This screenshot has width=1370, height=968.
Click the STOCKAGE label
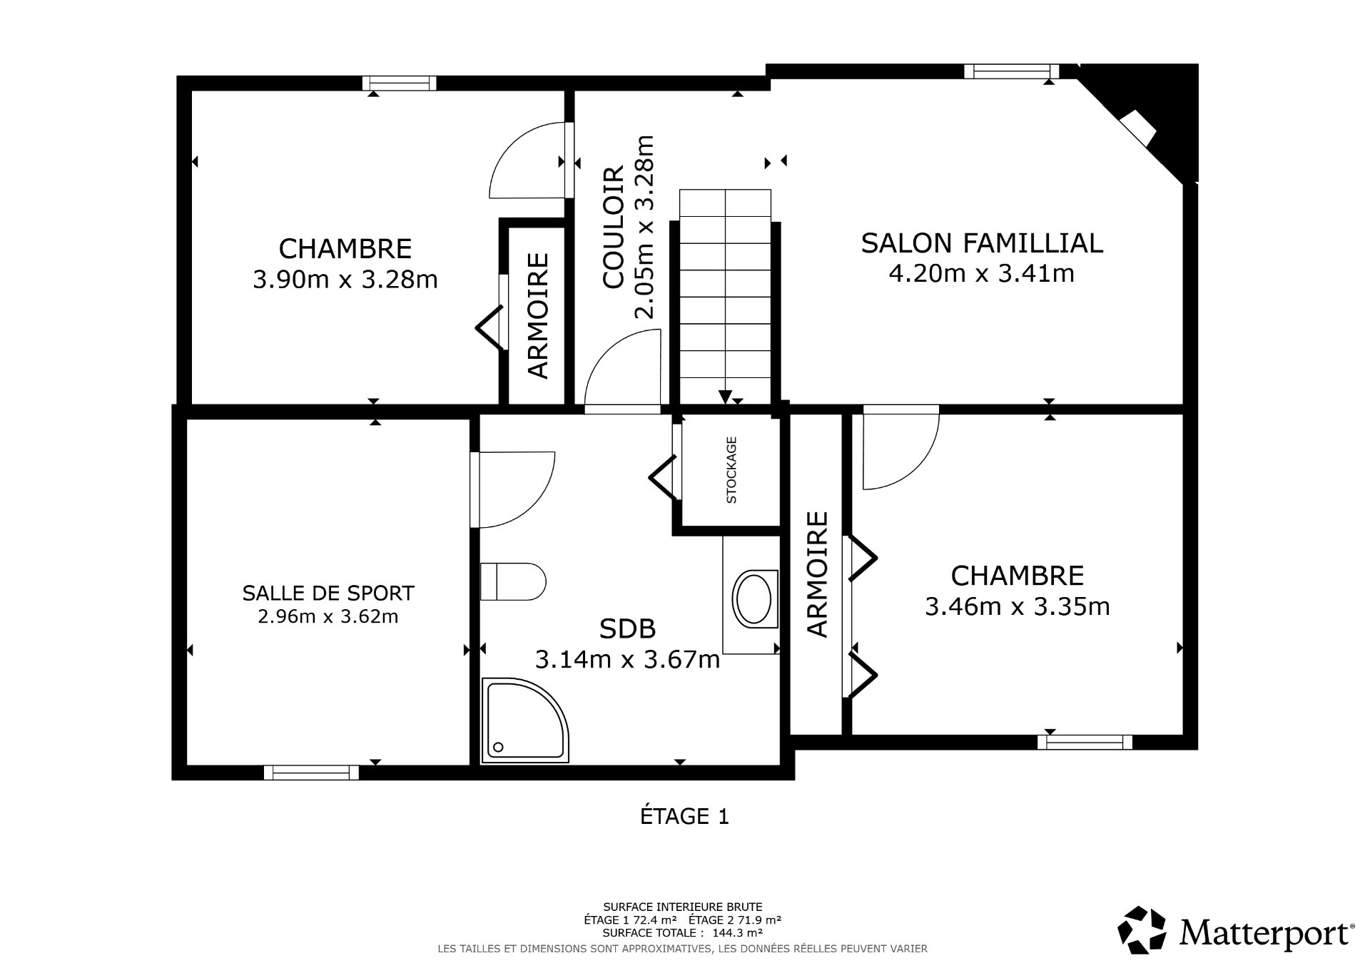point(731,470)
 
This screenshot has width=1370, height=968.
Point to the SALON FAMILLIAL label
point(981,243)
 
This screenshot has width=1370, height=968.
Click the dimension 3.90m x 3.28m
point(345,279)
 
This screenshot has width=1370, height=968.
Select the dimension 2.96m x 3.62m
point(328,616)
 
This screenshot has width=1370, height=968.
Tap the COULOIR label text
point(614,228)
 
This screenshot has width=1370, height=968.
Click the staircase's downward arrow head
point(725,397)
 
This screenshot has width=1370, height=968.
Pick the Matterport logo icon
point(1142,930)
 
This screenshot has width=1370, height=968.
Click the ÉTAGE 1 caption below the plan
point(684,816)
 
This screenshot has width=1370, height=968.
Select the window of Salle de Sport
point(311,772)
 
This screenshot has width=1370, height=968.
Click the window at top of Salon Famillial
point(1011,71)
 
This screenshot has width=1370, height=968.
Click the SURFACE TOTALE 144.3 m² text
point(683,932)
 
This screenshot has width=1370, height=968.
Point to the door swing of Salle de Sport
point(514,489)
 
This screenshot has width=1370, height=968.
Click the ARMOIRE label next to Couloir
point(539,315)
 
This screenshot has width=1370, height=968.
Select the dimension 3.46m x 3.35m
point(1017,607)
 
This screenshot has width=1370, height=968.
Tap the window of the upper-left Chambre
point(399,83)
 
